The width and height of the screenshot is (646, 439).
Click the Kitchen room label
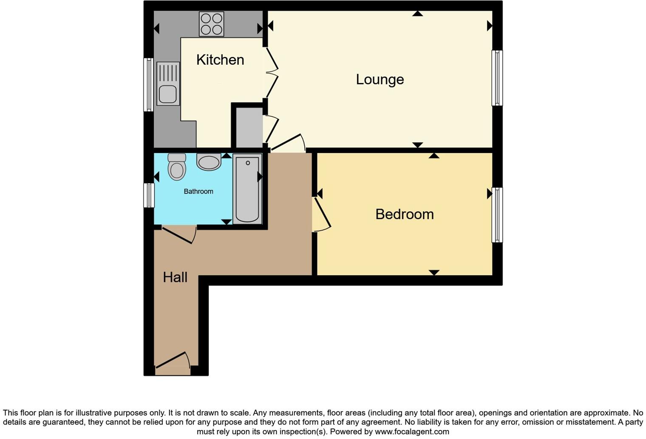220,60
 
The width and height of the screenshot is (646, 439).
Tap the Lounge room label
380,80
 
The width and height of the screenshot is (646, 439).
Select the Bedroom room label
404,214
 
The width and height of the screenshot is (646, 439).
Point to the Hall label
175,277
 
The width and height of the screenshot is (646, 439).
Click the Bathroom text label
198,191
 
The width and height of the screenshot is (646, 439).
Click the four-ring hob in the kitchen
212,24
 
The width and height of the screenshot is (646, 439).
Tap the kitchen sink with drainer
168,84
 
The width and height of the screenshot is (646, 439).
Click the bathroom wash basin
209,162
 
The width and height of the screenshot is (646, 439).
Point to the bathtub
247,188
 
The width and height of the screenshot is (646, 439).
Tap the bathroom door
178,234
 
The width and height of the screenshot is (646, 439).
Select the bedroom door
322,215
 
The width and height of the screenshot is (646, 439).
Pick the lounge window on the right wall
497,78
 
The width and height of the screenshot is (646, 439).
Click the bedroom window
497,215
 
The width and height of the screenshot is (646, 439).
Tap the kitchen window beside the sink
148,84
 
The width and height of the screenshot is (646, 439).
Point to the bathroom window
149,195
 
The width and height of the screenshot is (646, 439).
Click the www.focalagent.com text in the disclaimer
411,432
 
